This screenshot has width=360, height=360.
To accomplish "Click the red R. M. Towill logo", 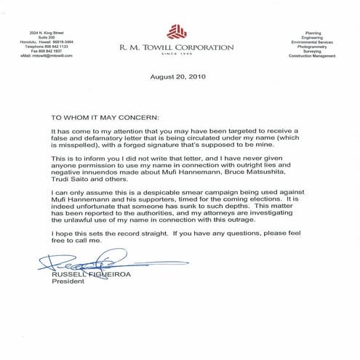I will click(x=177, y=31).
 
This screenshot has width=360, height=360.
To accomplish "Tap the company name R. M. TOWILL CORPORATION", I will click(x=177, y=47).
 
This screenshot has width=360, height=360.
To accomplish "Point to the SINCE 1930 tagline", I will click(x=177, y=55).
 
